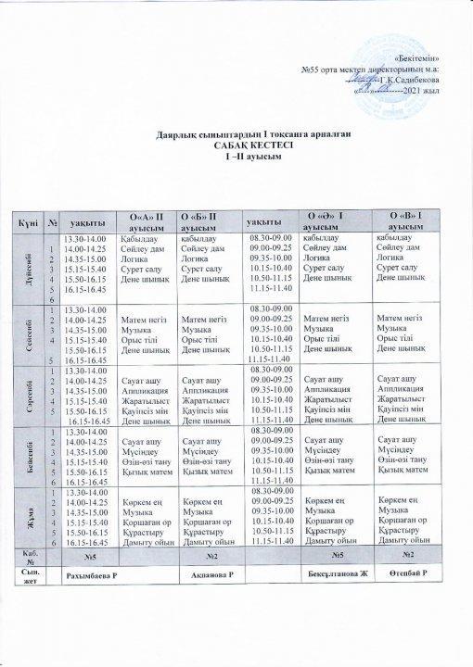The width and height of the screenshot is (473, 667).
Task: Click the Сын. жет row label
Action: [x=26, y=575]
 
